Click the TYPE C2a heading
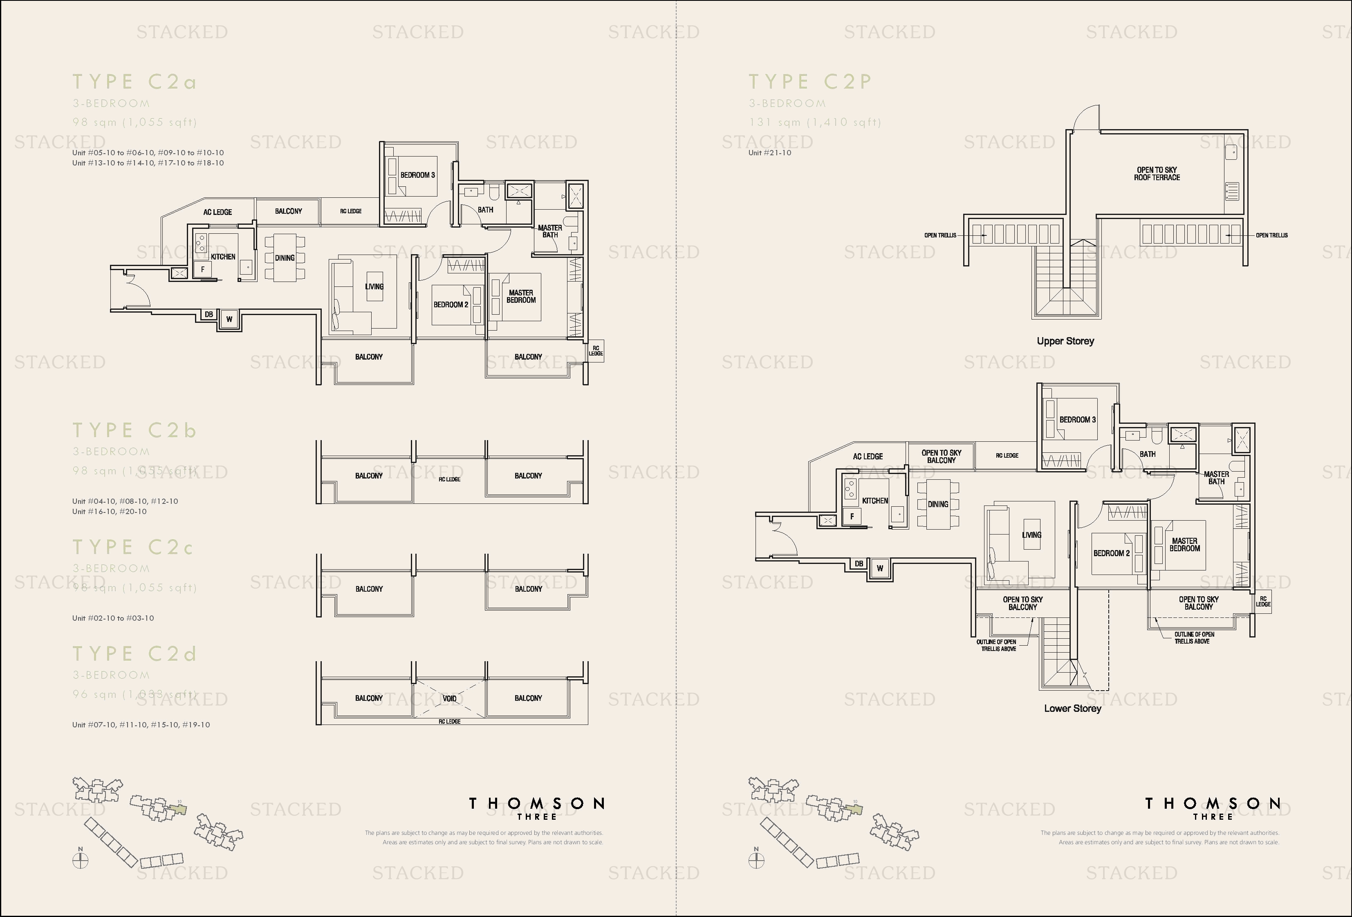[x=135, y=82]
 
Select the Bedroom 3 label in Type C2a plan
[x=417, y=175]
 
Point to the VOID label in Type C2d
[x=449, y=698]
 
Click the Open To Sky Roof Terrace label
[x=1157, y=173]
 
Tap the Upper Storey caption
[x=1065, y=341]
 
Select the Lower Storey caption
[x=1072, y=708]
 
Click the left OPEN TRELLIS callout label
[x=940, y=235]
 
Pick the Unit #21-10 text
[x=770, y=153]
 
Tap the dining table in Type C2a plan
[x=285, y=257]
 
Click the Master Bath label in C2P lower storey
[x=1216, y=477]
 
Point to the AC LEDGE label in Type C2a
[x=217, y=212]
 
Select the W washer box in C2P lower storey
[x=880, y=568]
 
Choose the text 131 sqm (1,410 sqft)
[x=814, y=122]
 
